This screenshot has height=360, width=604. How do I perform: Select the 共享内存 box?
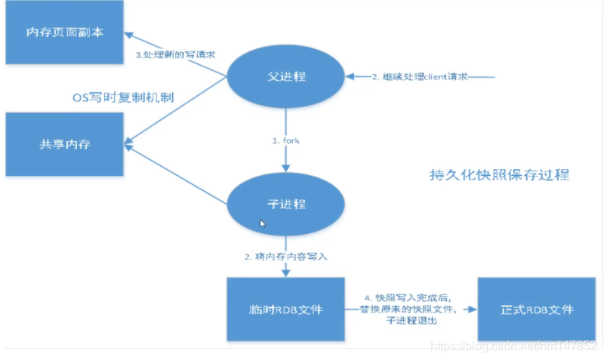click(x=64, y=143)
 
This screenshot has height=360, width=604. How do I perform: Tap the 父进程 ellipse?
click(x=285, y=77)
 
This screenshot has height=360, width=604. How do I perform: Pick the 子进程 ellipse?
click(x=285, y=204)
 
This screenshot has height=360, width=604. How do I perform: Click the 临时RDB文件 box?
click(x=286, y=309)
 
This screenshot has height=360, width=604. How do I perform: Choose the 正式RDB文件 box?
click(x=537, y=309)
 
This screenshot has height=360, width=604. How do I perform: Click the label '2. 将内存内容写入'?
click(x=286, y=257)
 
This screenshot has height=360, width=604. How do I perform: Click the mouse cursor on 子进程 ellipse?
click(x=263, y=224)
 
